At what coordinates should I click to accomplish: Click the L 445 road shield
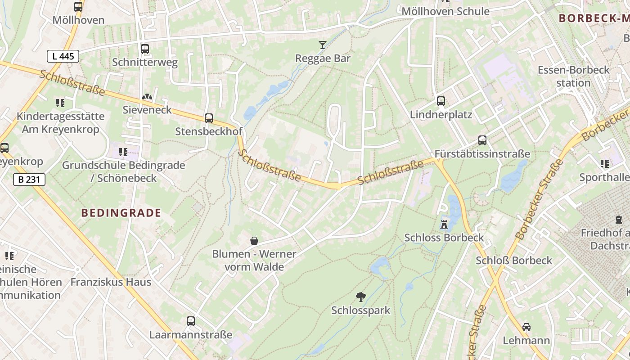click(63, 56)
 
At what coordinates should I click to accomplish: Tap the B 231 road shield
click(29, 180)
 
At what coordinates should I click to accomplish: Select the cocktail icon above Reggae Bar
click(323, 45)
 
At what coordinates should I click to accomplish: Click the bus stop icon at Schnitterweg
click(144, 49)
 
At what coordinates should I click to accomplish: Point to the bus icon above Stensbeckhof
click(208, 118)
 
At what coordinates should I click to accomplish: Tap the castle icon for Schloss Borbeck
click(444, 224)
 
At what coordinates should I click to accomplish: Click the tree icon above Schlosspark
click(360, 297)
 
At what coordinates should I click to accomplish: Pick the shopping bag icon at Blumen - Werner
click(254, 241)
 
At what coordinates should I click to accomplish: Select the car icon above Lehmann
click(526, 327)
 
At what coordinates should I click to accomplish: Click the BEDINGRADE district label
click(121, 213)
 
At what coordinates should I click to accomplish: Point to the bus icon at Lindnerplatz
click(441, 101)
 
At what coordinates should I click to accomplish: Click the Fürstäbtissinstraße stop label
click(482, 154)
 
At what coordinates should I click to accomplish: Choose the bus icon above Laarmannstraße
click(191, 321)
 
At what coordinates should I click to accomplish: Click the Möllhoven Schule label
click(445, 11)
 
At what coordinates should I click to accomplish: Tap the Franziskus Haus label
click(111, 282)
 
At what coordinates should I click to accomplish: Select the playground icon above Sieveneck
click(147, 97)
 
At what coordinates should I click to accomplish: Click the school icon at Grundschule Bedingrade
click(123, 152)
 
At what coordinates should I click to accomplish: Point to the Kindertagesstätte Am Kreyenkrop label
click(60, 123)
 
